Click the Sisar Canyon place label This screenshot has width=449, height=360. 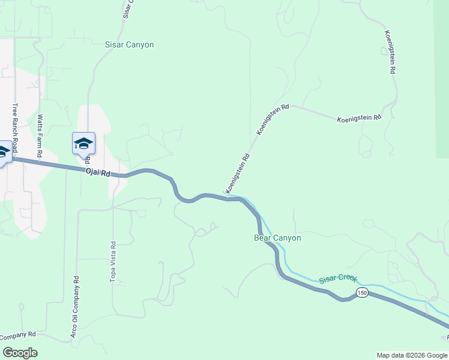coord(129,45)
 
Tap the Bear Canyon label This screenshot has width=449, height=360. coord(277,238)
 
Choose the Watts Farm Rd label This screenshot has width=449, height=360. coord(40,136)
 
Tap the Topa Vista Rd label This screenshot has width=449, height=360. coord(112,262)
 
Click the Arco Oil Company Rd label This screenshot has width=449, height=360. coord(76,305)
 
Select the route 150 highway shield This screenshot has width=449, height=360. coord(361,292)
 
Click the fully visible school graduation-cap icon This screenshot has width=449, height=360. coord(83,143)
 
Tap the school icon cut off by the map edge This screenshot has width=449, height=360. coord(3,152)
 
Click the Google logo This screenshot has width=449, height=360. coord(20,352)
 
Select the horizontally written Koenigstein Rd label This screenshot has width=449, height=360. coord(359,118)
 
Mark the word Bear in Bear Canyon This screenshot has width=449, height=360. coord(262,238)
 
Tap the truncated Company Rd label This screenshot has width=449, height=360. coord(18,334)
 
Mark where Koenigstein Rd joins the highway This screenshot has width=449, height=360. coord(230,197)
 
